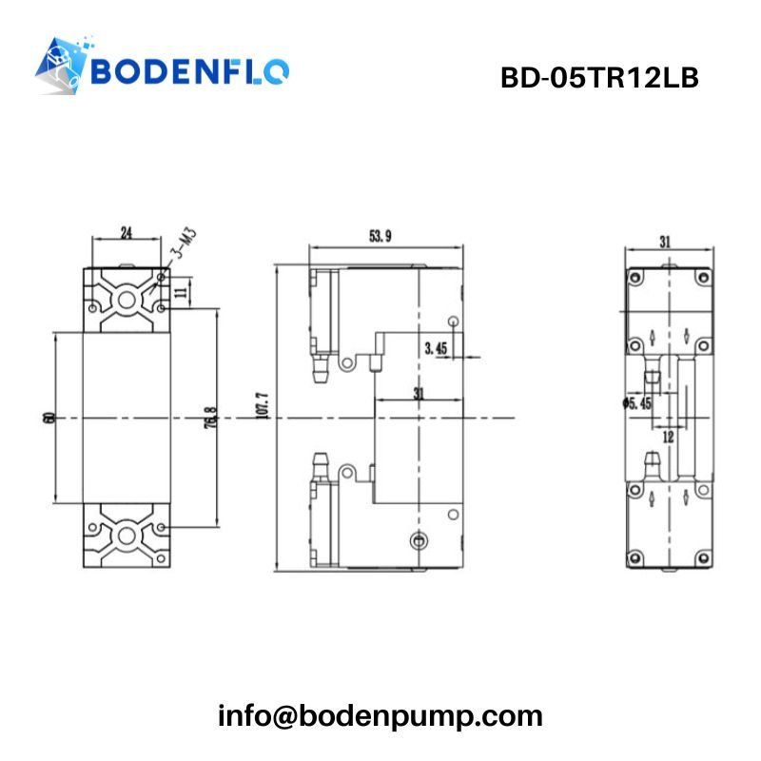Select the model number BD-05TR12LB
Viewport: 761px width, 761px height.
[x=599, y=78]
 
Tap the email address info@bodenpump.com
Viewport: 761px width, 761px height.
[x=380, y=715]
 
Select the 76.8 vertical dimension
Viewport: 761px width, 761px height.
[x=210, y=419]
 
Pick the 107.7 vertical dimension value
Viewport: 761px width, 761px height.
[x=263, y=404]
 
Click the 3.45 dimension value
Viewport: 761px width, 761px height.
[x=437, y=349]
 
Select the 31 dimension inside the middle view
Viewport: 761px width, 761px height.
[x=419, y=392]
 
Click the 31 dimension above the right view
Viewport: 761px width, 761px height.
[x=666, y=242]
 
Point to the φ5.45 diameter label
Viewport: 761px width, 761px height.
[x=636, y=404]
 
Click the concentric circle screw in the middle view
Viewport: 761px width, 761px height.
[x=415, y=541]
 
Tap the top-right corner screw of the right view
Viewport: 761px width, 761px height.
[x=702, y=277]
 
